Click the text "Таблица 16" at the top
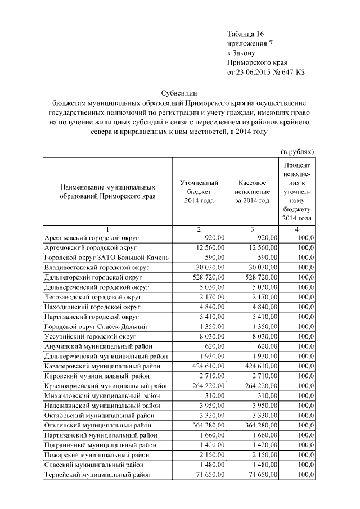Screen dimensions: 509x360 pos(245,33)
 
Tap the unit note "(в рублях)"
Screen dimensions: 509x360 pos(297,152)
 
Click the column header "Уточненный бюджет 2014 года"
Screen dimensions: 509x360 pos(199,192)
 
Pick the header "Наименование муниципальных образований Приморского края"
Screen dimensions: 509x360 pos(107,192)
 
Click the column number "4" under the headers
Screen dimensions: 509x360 pos(297,229)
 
